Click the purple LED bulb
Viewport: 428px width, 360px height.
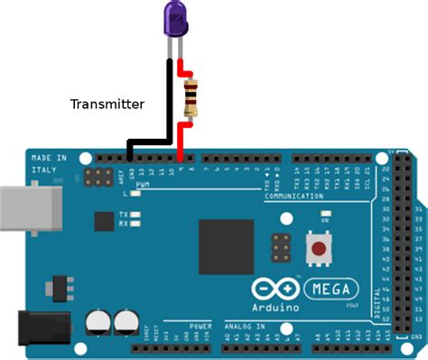click(x=175, y=18)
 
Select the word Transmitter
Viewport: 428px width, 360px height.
click(x=107, y=105)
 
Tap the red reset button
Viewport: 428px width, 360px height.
click(x=318, y=249)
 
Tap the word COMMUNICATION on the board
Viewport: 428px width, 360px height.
click(x=293, y=196)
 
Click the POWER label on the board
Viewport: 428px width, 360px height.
click(x=200, y=324)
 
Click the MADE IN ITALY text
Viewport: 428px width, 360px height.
click(x=49, y=165)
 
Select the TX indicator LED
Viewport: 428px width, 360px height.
click(x=136, y=215)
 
